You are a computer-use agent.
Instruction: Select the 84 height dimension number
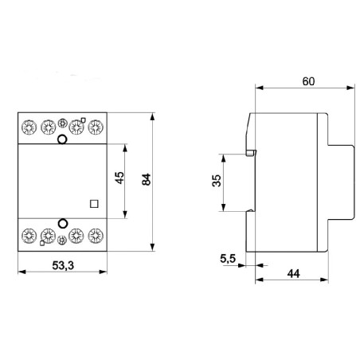145,180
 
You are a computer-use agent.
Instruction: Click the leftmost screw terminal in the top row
29,126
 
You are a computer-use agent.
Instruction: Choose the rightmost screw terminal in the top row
96,126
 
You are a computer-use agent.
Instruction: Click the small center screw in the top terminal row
63,124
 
